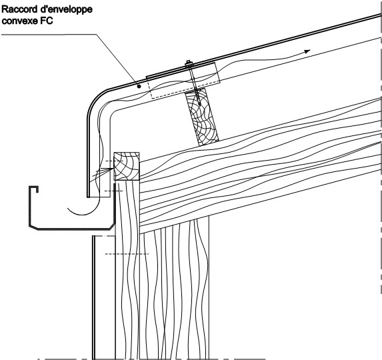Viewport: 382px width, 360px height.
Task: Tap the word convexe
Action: (x=19, y=21)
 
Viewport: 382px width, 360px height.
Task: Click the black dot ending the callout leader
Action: (x=139, y=86)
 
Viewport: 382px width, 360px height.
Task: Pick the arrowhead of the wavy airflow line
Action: (x=307, y=51)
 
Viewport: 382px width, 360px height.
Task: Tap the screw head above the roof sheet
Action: (x=188, y=63)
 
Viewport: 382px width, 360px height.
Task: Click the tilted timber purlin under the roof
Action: (x=202, y=117)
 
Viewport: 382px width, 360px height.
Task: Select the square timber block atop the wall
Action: (x=127, y=166)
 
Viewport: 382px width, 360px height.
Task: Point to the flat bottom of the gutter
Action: (x=73, y=229)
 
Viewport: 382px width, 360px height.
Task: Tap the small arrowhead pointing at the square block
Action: (x=111, y=169)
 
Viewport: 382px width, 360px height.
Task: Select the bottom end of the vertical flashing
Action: (x=89, y=196)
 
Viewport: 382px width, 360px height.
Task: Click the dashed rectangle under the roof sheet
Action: (x=183, y=80)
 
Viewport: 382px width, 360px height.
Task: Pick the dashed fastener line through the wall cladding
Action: (x=127, y=254)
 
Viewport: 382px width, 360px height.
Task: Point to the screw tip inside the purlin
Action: (x=199, y=104)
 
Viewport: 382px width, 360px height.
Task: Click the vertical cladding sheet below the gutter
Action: (x=93, y=297)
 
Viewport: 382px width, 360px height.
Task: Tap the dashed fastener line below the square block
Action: (x=113, y=191)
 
